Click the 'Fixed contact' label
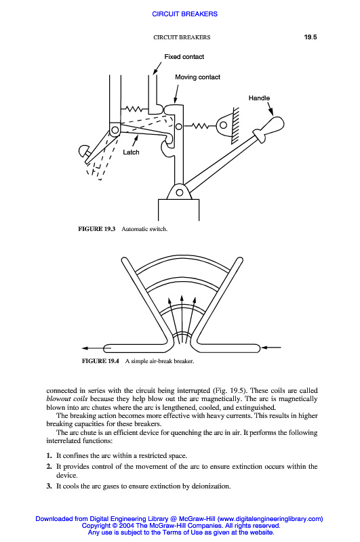[184, 57]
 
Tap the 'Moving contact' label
[197, 77]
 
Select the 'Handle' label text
[259, 98]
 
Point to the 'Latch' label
[131, 152]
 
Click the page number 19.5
[311, 37]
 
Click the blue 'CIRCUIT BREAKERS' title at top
[184, 14]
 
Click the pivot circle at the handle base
[180, 192]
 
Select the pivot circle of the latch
[115, 130]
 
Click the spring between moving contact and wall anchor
[200, 126]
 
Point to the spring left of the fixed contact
[134, 109]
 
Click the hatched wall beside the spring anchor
[235, 125]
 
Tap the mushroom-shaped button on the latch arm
[84, 152]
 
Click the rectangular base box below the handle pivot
[178, 210]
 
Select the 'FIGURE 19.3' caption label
[96, 229]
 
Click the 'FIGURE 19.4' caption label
[100, 361]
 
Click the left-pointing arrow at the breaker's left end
[93, 348]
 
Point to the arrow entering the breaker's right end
[271, 348]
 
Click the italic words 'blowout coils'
[66, 399]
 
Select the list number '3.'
[49, 486]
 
